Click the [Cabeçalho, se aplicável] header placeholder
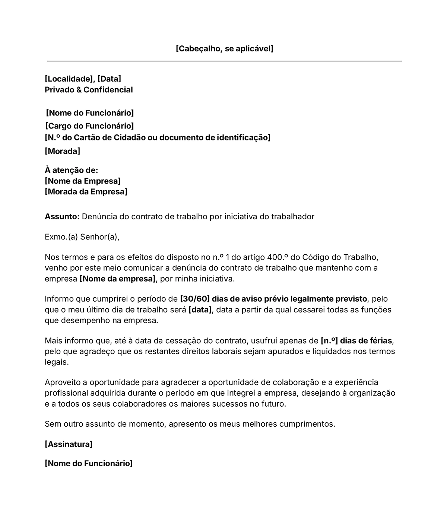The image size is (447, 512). [224, 49]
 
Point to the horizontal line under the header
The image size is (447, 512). [224, 61]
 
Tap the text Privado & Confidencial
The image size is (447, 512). [89, 90]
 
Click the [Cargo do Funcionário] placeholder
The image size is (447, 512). [89, 126]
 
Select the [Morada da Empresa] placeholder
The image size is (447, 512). [86, 192]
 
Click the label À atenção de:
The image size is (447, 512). [71, 170]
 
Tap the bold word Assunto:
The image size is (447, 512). [62, 217]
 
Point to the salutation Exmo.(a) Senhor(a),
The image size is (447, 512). [82, 237]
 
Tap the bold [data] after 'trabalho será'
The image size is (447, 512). [200, 310]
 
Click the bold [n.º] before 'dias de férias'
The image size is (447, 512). [329, 341]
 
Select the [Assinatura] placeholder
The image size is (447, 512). [69, 444]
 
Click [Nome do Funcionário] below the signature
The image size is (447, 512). [89, 464]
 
